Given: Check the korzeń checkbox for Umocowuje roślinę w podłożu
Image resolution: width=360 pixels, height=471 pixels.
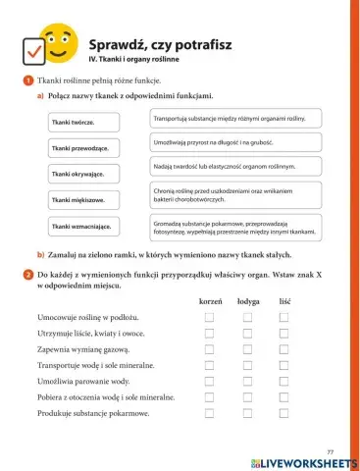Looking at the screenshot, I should coord(210,319).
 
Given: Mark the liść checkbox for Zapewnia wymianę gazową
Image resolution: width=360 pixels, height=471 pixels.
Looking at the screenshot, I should coord(284,349).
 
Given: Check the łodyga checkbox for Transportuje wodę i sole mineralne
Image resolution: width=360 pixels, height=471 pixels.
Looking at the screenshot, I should coord(248,365).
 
